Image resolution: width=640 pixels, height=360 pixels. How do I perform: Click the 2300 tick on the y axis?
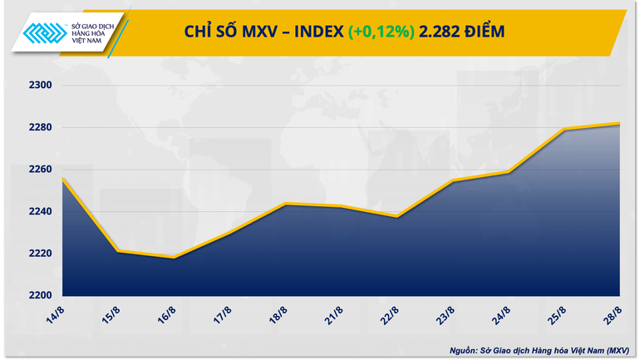click(x=40, y=85)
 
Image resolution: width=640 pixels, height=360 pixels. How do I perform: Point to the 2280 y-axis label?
click(x=40, y=127)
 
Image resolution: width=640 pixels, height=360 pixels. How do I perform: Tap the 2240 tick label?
click(x=40, y=211)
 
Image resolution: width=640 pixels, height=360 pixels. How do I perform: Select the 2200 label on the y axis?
click(x=40, y=295)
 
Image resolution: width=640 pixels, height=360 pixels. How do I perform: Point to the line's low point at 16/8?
click(x=174, y=258)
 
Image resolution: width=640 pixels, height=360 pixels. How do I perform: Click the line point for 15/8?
click(x=118, y=251)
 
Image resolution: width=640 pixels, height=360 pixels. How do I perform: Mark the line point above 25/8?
click(x=565, y=129)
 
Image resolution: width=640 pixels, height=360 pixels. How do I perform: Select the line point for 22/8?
click(x=397, y=216)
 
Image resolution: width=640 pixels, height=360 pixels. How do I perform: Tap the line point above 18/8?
click(x=285, y=204)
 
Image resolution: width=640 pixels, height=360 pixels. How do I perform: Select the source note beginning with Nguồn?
click(x=541, y=350)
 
